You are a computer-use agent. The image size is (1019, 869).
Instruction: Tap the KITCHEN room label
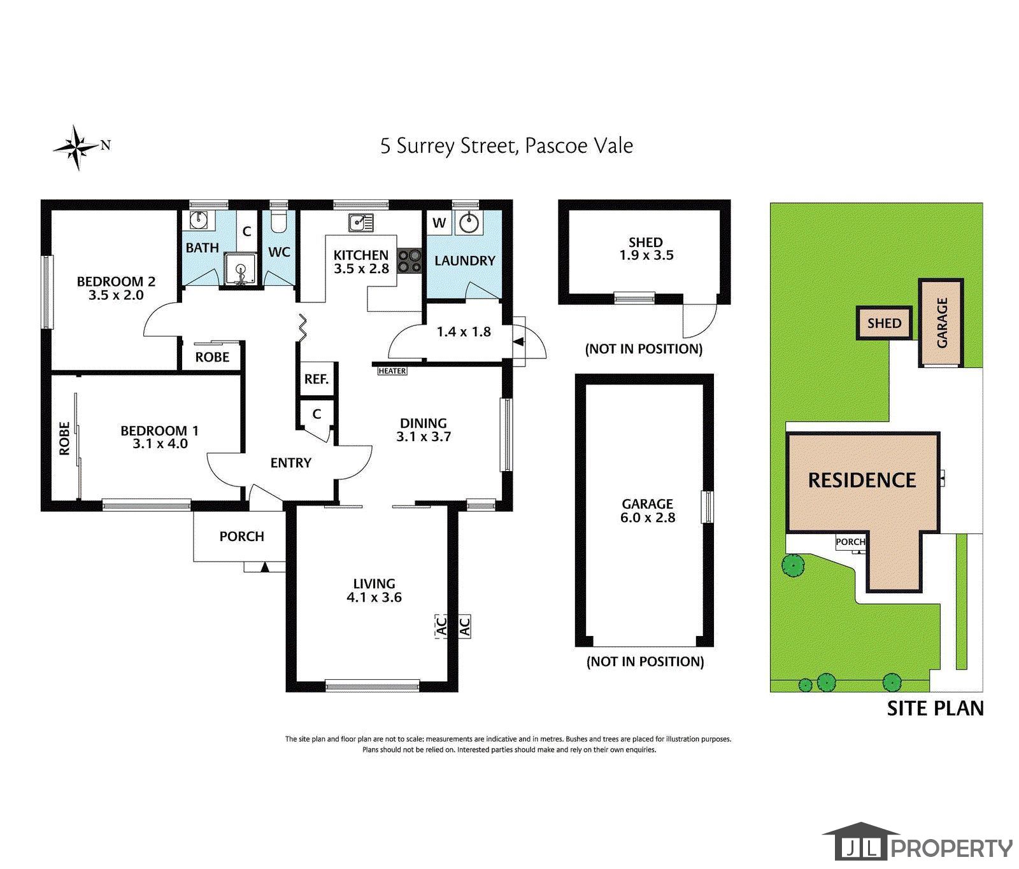(x=361, y=255)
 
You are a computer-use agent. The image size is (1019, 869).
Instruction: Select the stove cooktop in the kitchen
(x=410, y=260)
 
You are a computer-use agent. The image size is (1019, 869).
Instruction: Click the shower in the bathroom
(x=240, y=270)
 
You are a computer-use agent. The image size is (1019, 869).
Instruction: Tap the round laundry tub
(x=470, y=223)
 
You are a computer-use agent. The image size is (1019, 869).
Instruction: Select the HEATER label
(x=392, y=371)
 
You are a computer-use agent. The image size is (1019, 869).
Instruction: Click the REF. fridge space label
(x=316, y=379)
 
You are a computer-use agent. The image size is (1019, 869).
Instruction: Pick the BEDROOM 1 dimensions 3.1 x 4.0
(x=160, y=444)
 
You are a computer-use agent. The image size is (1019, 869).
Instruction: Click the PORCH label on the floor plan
(x=241, y=537)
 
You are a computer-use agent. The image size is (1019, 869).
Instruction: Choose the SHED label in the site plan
(x=884, y=323)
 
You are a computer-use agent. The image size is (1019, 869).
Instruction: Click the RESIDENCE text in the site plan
(x=862, y=480)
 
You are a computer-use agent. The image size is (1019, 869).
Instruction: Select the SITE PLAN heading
(x=935, y=709)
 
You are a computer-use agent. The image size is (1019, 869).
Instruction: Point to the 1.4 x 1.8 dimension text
(x=464, y=331)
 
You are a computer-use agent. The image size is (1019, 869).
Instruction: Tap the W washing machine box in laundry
(x=439, y=223)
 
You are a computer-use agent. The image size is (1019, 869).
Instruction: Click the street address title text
(x=507, y=146)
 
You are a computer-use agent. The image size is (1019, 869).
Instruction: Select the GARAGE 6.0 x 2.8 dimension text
(x=647, y=518)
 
